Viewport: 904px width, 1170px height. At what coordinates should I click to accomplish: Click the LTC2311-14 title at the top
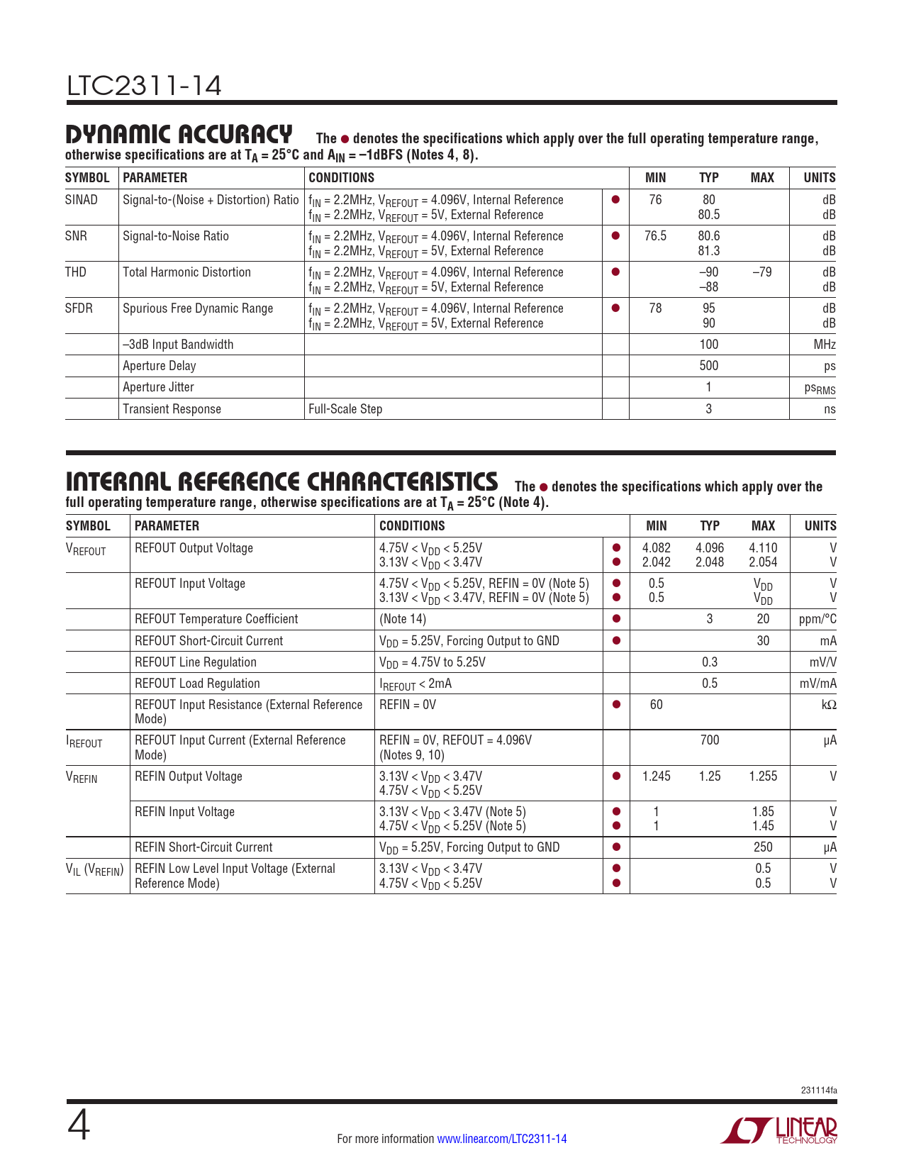pyautogui.click(x=144, y=86)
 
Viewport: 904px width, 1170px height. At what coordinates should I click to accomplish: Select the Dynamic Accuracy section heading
pyautogui.click(x=179, y=133)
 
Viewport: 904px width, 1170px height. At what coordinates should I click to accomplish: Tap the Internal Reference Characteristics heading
pyautogui.click(x=281, y=481)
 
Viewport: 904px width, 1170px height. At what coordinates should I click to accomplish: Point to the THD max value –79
pyautogui.click(x=761, y=272)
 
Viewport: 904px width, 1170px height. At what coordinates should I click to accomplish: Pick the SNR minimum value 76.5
pyautogui.click(x=655, y=236)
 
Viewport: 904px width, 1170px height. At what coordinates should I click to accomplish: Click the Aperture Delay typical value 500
pyautogui.click(x=708, y=366)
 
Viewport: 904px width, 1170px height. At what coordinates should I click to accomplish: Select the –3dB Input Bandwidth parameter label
pyautogui.click(x=178, y=345)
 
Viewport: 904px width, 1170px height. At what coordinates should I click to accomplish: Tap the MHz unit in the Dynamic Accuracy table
pyautogui.click(x=825, y=345)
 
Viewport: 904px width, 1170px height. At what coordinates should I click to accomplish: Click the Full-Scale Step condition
pyautogui.click(x=345, y=409)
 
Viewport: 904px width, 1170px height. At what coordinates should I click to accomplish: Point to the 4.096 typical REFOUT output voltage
pyautogui.click(x=709, y=548)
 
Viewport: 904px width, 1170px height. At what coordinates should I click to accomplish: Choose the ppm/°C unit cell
pyautogui.click(x=817, y=619)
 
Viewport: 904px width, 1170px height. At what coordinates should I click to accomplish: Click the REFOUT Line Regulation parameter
pyautogui.click(x=196, y=662)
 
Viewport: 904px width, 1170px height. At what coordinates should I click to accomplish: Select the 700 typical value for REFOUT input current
pyautogui.click(x=709, y=740)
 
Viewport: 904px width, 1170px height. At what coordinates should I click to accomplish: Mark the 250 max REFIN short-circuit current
pyautogui.click(x=763, y=847)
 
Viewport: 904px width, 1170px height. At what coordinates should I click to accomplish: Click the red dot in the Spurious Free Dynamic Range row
pyautogui.click(x=615, y=308)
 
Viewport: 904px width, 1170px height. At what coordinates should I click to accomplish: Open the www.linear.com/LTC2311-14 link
pyautogui.click(x=502, y=1139)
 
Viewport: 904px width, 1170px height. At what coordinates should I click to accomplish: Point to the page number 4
pyautogui.click(x=79, y=1126)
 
